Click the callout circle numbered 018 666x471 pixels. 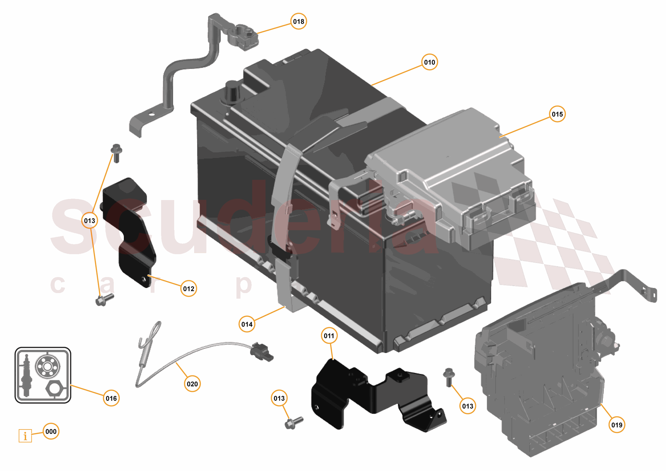(x=299, y=22)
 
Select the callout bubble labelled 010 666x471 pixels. (x=429, y=62)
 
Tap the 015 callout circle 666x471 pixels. (x=557, y=114)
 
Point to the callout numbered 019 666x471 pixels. (x=617, y=425)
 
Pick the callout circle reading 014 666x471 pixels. (x=247, y=324)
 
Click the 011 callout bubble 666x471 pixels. (x=329, y=336)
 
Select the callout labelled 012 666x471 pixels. (x=189, y=289)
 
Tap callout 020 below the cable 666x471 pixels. (x=192, y=384)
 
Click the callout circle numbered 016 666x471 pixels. (x=111, y=398)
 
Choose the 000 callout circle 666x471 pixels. (x=51, y=431)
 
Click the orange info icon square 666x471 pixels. (x=25, y=436)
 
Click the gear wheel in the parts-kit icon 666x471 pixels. (x=47, y=367)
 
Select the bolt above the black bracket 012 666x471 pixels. (x=116, y=153)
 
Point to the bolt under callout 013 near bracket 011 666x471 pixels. (x=293, y=423)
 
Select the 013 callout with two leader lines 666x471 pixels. (x=90, y=221)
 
